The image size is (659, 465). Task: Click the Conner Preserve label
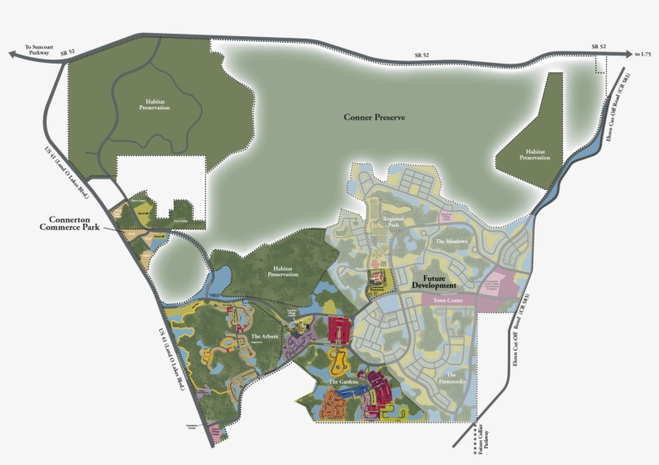click(x=374, y=117)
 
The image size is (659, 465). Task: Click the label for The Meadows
click(x=451, y=241)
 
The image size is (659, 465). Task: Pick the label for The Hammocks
click(x=451, y=379)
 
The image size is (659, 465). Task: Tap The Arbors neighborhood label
click(x=264, y=336)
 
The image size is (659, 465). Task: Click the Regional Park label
click(x=393, y=221)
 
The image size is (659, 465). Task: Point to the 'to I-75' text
click(x=641, y=54)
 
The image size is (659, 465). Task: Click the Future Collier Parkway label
click(x=481, y=443)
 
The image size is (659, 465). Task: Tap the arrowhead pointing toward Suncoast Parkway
click(x=10, y=55)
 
